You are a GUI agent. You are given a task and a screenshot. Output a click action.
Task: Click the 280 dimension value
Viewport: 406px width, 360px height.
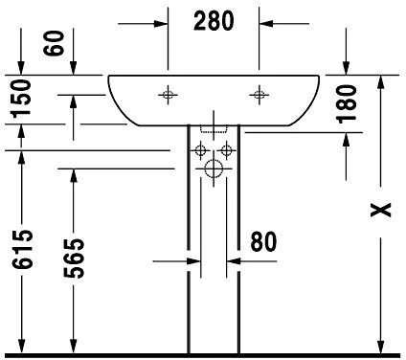coord(214,21)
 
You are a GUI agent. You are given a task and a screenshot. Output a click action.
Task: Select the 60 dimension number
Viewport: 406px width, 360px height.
coord(54,43)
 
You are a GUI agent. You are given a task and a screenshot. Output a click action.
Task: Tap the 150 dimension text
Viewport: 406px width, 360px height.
coord(21,99)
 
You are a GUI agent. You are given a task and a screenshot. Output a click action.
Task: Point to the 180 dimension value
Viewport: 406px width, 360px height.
coord(347,103)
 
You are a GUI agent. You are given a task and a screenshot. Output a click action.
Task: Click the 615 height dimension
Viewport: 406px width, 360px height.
coord(22,249)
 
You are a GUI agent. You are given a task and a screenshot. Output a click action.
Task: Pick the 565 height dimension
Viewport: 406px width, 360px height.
coord(74,258)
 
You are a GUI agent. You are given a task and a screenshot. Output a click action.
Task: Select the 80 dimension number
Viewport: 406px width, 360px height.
coord(263,242)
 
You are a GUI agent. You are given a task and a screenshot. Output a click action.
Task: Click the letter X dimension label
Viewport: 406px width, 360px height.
coord(380,210)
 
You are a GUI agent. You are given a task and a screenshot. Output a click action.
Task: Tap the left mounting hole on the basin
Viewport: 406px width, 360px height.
coord(168,95)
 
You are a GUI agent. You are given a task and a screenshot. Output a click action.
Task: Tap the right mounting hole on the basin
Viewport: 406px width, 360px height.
coord(259,95)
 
